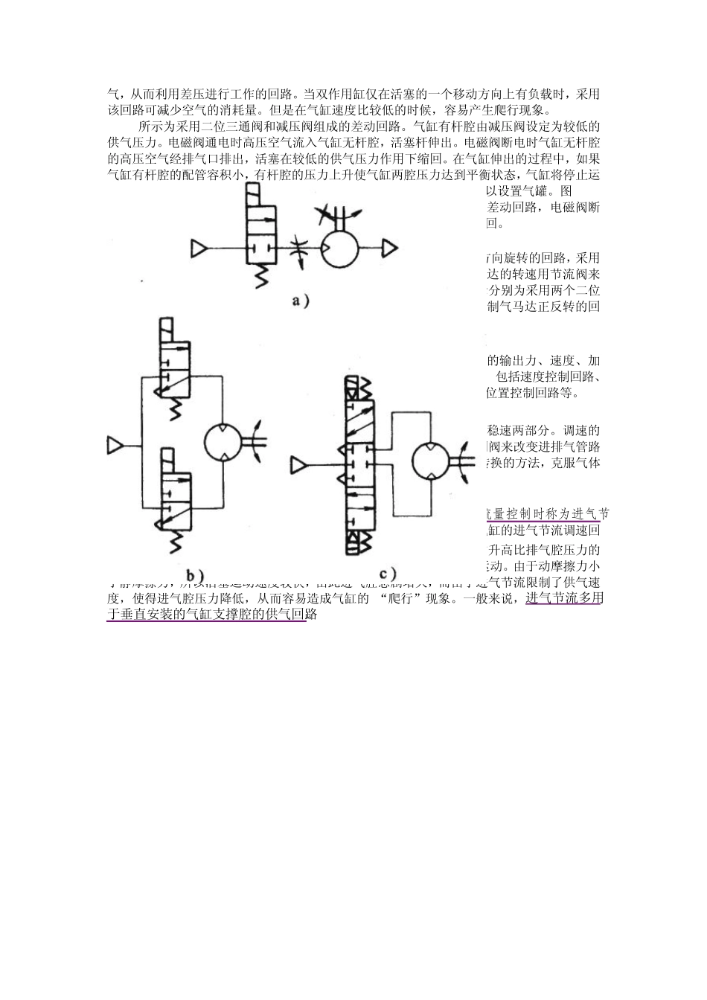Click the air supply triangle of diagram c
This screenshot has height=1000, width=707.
click(299, 465)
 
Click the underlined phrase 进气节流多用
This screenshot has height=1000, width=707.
click(563, 598)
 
